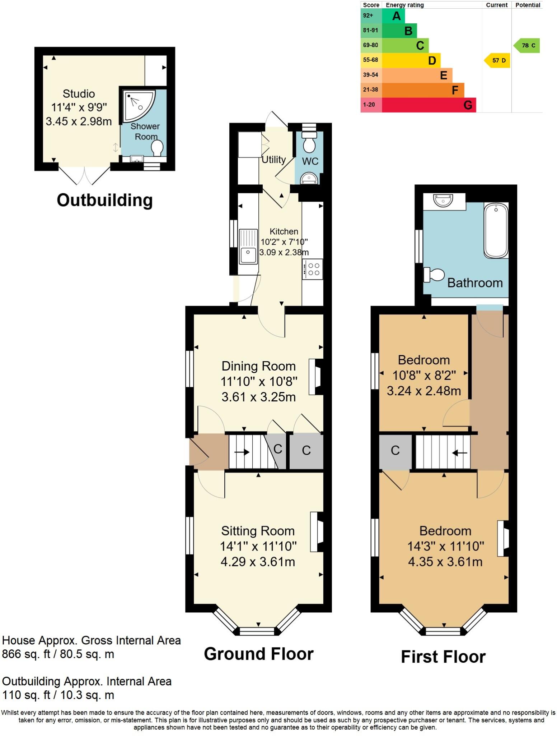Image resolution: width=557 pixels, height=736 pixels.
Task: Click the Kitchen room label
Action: coord(284,231)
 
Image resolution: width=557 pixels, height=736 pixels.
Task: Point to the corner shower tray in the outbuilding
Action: coord(138,105)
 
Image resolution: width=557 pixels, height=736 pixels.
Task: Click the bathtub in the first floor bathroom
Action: coord(496,230)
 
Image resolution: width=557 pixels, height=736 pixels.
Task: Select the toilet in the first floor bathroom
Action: coord(434,275)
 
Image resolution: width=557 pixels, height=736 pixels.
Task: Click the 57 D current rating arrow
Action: coord(498,60)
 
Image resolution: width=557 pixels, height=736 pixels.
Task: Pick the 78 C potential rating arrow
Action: coord(527,46)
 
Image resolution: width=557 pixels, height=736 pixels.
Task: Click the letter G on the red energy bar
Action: coord(467,105)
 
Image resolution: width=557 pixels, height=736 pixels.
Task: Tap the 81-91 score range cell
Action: coord(371,31)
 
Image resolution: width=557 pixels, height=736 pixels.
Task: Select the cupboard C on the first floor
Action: coord(395,451)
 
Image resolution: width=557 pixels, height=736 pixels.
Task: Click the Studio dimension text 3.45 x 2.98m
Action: coord(79,121)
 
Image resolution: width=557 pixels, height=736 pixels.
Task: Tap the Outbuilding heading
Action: coord(104,200)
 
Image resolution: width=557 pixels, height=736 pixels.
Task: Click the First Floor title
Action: coord(443,657)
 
